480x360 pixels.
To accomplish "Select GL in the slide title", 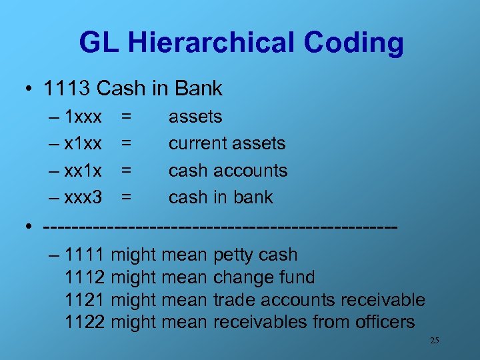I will pyautogui.click(x=97, y=43).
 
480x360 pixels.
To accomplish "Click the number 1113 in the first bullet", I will pyautogui.click(x=67, y=88).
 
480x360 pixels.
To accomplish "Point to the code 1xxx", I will pyautogui.click(x=83, y=117).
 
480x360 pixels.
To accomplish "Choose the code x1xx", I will pyautogui.click(x=83, y=144).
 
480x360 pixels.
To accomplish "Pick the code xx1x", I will pyautogui.click(x=83, y=171).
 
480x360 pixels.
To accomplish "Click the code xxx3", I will pyautogui.click(x=83, y=197).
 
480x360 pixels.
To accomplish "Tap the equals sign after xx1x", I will pyautogui.click(x=125, y=171).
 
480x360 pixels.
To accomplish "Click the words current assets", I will pyautogui.click(x=227, y=144).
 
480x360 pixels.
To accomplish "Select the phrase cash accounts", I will pyautogui.click(x=228, y=171).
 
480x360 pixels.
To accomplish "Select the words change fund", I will pyautogui.click(x=263, y=277).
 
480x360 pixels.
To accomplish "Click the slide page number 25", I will pyautogui.click(x=434, y=341).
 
